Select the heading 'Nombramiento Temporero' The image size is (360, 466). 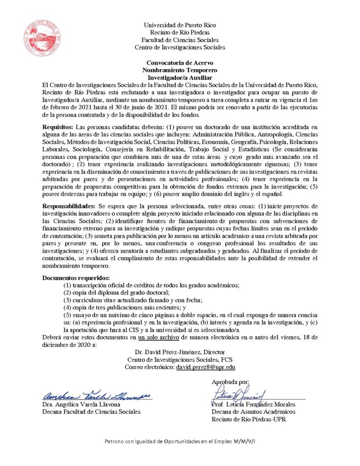coord(180,70)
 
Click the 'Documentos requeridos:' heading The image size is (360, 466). coord(76,278)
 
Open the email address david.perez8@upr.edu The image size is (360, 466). coord(205,367)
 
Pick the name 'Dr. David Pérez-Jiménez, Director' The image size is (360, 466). coord(180,352)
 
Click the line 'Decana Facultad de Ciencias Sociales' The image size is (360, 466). coord(91,411)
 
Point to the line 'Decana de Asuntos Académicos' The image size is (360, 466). coord(253,411)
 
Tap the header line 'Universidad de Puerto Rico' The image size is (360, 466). coord(180,25)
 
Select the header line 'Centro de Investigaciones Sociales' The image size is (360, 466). coord(180,47)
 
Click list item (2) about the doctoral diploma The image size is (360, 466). coord(116,292)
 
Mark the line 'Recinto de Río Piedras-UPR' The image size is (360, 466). coord(248,419)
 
